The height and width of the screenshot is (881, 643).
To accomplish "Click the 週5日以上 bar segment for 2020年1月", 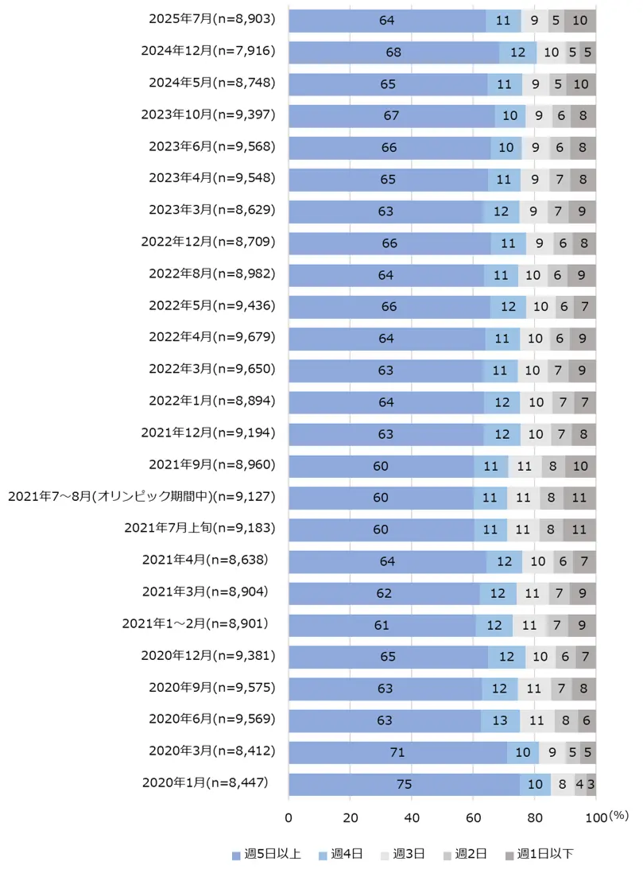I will [404, 784].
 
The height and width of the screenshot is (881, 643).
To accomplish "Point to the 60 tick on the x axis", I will [473, 817].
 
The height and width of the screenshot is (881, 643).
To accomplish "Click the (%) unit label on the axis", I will [618, 816].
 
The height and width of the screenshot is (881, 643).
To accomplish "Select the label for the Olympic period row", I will [141, 497].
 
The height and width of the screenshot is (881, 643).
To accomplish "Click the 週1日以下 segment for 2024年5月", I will [580, 83].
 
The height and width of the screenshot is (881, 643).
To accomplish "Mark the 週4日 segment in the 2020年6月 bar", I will [501, 720].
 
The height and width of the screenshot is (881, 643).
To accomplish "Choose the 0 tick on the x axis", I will [289, 817].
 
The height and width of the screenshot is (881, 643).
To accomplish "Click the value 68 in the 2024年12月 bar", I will [393, 52].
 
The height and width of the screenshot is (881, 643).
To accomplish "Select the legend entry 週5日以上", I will [266, 855].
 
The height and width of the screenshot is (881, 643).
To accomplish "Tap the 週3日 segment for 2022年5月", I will [540, 306].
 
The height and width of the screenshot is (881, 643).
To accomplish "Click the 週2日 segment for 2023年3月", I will [560, 212].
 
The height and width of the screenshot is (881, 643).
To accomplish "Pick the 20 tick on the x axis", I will [350, 817].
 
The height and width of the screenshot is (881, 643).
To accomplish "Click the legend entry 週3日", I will [405, 855].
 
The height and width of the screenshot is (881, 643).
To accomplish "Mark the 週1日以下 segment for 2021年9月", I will [580, 466].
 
